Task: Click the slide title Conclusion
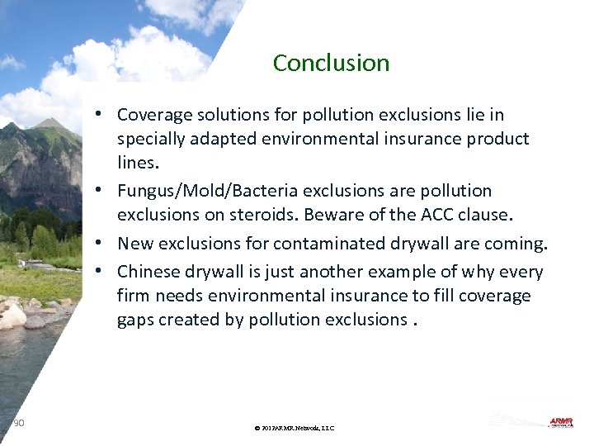pos(331,63)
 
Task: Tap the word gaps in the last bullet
pos(136,320)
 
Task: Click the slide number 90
pos(19,423)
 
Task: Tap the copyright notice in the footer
pos(295,428)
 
